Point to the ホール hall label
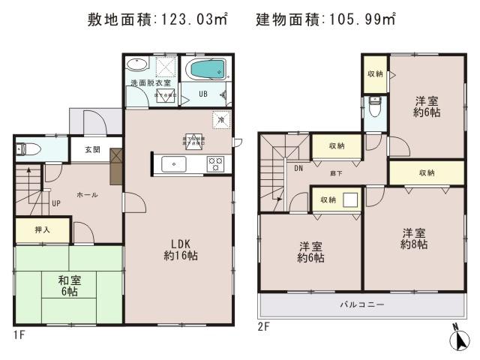[x=86, y=194]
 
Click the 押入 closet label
[x=43, y=229]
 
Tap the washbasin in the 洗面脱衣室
[x=137, y=65]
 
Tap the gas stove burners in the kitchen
[x=215, y=163]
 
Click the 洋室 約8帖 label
[x=413, y=238]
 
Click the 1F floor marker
[x=19, y=334]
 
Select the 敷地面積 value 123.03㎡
[x=191, y=19]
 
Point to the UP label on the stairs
[x=56, y=202]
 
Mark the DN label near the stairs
[x=297, y=168]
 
